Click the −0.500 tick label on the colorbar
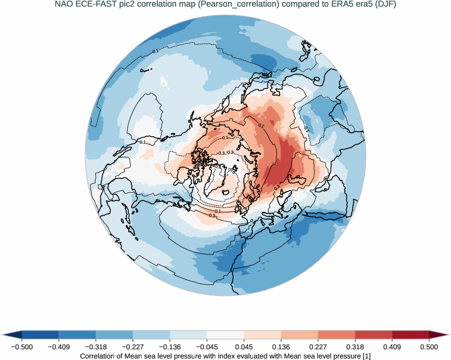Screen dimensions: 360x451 pyautogui.click(x=21, y=347)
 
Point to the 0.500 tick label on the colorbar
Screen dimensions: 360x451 pyautogui.click(x=429, y=347)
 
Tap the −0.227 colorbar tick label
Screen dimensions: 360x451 pyautogui.click(x=132, y=347)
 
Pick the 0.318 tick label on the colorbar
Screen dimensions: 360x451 pyautogui.click(x=355, y=347)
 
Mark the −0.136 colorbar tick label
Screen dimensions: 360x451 pyautogui.click(x=170, y=347)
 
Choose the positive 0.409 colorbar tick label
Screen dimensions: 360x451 pyautogui.click(x=392, y=347)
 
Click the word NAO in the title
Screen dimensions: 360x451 pyautogui.click(x=64, y=5)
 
